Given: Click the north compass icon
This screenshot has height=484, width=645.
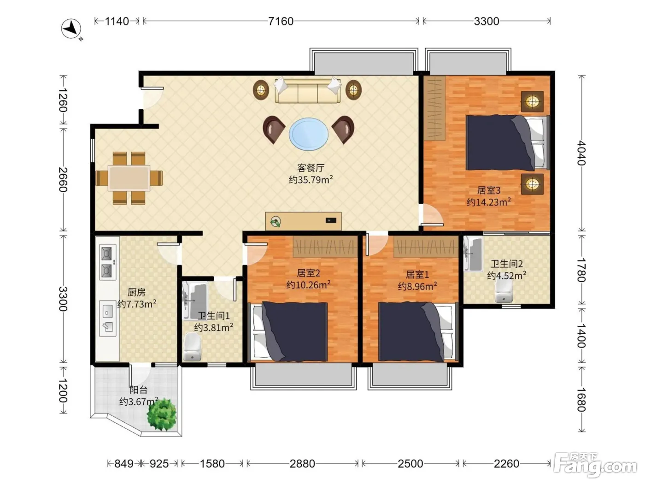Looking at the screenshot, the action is click(x=71, y=29).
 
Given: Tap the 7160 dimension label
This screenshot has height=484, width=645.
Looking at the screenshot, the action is click(x=281, y=21).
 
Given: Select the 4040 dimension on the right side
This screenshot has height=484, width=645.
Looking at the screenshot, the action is click(x=581, y=153).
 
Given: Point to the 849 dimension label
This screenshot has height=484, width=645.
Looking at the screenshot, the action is click(x=123, y=464).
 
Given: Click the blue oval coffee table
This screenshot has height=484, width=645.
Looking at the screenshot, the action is click(x=309, y=134).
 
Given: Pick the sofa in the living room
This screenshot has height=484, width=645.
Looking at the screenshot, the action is click(x=308, y=90).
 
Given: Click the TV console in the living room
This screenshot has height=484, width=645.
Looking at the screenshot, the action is click(x=303, y=221).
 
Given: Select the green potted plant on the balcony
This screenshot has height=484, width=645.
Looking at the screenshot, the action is click(x=162, y=414).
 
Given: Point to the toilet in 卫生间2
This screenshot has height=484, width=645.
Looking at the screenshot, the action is click(x=504, y=290).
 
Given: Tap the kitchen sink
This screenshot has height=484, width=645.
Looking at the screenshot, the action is click(x=107, y=318).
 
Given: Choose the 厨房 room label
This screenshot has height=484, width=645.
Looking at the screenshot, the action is click(x=136, y=292).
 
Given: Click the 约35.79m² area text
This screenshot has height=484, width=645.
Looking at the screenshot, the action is click(x=311, y=179).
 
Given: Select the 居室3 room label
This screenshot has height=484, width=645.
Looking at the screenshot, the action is click(x=488, y=190).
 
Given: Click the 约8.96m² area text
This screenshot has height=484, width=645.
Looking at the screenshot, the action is click(x=417, y=286).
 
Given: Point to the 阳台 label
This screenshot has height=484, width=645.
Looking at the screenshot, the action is click(x=138, y=390).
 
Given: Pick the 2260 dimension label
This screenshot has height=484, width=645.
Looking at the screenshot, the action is click(x=506, y=464).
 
